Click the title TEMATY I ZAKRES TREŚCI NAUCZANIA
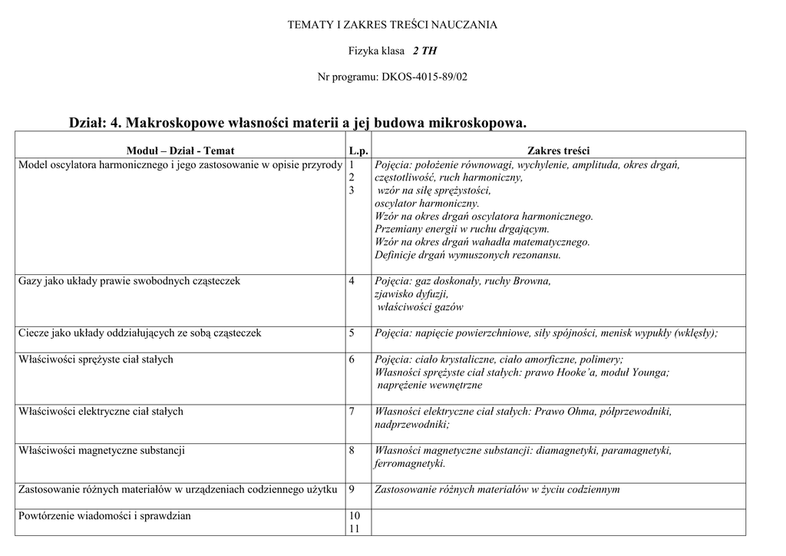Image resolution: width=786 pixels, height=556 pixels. click(x=392, y=25)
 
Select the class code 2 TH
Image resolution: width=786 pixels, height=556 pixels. click(x=424, y=51)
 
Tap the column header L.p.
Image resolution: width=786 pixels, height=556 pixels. click(x=358, y=151)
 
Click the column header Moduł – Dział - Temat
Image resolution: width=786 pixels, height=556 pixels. click(x=180, y=151)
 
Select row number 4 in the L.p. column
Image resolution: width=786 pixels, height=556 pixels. click(x=352, y=281)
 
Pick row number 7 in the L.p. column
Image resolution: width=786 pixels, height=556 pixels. click(x=352, y=412)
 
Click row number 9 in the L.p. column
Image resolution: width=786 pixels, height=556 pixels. click(x=352, y=490)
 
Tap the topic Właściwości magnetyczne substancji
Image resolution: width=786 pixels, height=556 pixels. click(x=101, y=451)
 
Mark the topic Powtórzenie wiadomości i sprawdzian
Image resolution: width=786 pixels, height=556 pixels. click(x=104, y=516)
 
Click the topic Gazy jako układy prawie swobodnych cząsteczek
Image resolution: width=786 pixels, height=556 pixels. click(x=129, y=281)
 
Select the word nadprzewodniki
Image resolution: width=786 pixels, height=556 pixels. click(x=411, y=425)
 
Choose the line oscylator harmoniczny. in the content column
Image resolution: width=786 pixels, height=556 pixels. click(x=427, y=204)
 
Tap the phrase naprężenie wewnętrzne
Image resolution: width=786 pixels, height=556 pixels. click(x=430, y=386)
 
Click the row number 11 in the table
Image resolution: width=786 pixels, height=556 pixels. click(x=355, y=529)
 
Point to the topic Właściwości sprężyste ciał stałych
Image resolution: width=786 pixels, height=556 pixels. click(x=96, y=359)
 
